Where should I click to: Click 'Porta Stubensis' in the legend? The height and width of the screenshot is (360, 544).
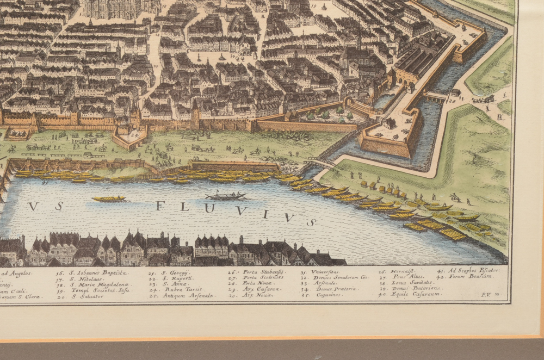[261, 272]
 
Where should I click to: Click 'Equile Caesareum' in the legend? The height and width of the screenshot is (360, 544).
[409, 295]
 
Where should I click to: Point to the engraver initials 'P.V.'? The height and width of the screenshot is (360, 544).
[486, 294]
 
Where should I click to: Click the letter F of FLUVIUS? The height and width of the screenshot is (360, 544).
[160, 206]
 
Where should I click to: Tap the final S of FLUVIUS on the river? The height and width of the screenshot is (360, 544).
[311, 222]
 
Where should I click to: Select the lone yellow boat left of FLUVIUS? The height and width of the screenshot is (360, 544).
[108, 198]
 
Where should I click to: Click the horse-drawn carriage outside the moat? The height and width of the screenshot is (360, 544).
[483, 99]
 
